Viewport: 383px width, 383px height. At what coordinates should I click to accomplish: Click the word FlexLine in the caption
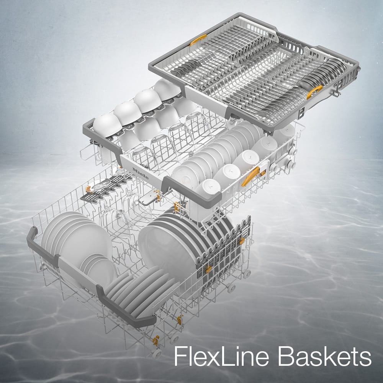pos(221,356)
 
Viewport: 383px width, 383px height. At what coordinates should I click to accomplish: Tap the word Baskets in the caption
pos(325,356)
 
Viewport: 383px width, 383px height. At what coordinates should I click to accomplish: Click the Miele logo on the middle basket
pos(141,173)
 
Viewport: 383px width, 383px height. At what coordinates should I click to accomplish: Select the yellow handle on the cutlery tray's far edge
pos(198,40)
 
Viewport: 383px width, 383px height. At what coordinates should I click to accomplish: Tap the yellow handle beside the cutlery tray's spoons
pos(314,92)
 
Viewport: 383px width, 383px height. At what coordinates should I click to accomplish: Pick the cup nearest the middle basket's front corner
pos(208,189)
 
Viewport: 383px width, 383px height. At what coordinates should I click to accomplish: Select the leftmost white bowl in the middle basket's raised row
pos(108,124)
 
